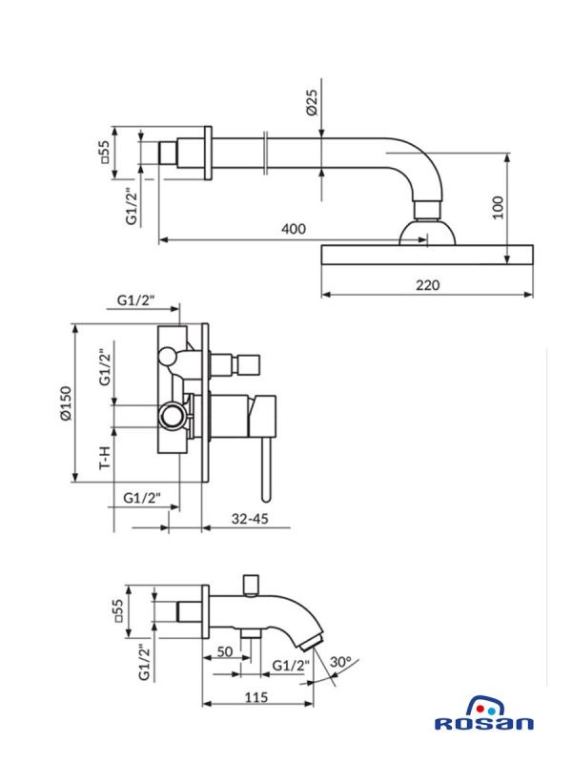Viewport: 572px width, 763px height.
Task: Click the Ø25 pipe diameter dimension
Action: (x=311, y=100)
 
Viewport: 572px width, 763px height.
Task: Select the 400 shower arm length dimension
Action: (x=294, y=230)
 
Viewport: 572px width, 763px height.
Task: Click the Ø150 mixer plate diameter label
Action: (x=65, y=403)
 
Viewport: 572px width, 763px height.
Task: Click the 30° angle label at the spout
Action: (x=340, y=661)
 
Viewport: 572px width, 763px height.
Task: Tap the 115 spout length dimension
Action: (x=254, y=697)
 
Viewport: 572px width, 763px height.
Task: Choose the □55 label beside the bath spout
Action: (x=118, y=610)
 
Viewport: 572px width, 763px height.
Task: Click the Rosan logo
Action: (x=483, y=716)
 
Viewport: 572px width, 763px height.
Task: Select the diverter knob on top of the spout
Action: (x=252, y=583)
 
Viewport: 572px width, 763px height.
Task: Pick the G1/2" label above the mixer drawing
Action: (x=136, y=300)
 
